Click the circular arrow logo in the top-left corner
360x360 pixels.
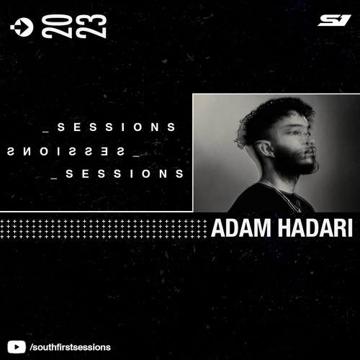(22, 27)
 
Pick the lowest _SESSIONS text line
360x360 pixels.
(118, 174)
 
